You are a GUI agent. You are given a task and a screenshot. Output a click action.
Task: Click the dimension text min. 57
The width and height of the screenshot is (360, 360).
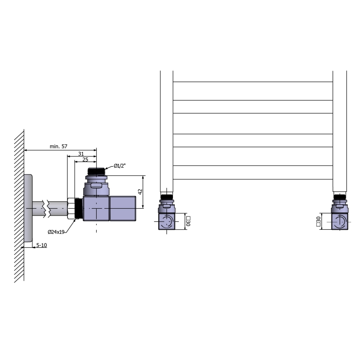(x=58, y=146)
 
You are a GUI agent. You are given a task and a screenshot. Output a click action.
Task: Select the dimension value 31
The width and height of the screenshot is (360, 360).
(x=81, y=153)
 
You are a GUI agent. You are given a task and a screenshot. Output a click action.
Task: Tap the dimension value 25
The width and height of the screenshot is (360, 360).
(x=85, y=160)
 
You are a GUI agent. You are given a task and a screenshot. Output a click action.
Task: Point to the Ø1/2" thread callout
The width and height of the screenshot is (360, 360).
(x=120, y=166)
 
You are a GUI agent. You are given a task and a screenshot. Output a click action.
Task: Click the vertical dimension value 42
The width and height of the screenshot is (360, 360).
(x=140, y=192)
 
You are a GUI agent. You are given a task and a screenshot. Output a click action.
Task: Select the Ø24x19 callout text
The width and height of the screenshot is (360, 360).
(x=56, y=232)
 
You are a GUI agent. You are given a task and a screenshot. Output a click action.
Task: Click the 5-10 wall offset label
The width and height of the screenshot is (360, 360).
(x=41, y=245)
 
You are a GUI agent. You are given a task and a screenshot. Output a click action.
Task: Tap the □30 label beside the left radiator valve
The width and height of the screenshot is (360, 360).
(x=188, y=221)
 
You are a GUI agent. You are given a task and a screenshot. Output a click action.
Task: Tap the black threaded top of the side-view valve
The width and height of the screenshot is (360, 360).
(x=97, y=171)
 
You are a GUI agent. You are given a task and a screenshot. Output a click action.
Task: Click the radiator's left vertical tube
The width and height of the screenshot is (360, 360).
(x=166, y=129)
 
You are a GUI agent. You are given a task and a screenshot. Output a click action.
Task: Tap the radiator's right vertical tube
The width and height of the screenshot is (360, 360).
(x=340, y=129)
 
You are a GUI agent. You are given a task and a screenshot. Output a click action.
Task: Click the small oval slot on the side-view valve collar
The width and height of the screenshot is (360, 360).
(x=96, y=186)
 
